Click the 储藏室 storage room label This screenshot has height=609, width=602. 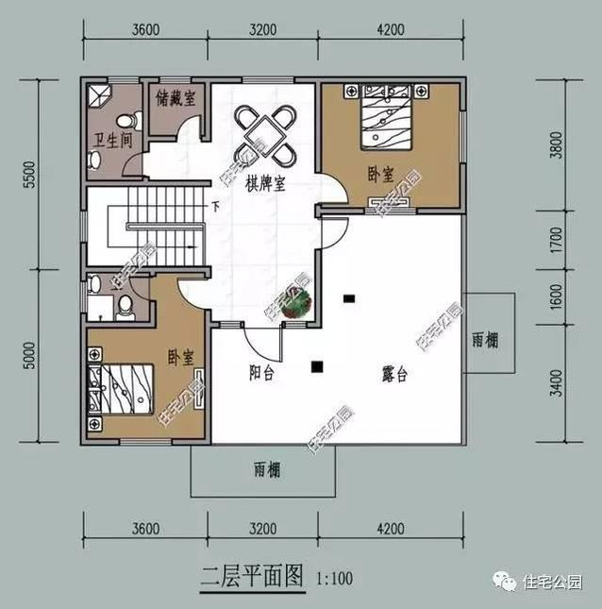176,96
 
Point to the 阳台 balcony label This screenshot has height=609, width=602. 262,374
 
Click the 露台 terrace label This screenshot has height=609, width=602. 394,374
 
